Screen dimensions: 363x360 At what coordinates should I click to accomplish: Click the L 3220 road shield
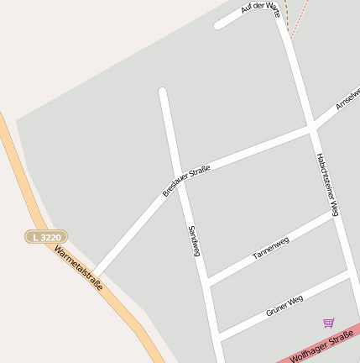point(47,238)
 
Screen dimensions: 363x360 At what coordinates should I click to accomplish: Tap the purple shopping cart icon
point(328,323)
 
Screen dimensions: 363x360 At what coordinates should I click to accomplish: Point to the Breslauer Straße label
point(186,181)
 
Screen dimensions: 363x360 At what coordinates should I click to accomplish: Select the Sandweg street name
point(193,240)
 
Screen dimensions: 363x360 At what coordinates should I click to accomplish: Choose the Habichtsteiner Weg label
point(327,184)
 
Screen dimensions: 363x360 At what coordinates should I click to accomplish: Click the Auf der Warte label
point(258,8)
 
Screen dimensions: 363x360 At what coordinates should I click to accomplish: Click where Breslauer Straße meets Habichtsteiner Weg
point(311,129)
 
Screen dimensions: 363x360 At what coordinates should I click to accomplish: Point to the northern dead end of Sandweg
point(163,92)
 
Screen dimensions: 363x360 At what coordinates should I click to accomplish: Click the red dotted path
point(300,18)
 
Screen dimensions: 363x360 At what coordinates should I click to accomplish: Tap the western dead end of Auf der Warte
point(218,25)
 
